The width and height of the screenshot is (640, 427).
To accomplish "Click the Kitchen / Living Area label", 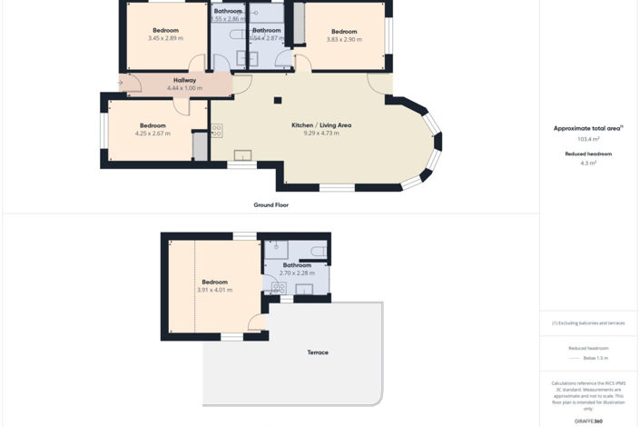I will click(321, 124).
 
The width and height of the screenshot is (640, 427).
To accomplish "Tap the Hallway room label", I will click(185, 80).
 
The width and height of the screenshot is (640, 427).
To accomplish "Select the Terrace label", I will click(318, 353).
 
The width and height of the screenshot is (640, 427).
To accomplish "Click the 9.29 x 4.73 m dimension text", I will click(321, 134).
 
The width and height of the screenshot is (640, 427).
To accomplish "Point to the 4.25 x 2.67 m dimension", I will click(153, 134).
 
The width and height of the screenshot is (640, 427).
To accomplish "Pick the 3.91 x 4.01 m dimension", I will click(215, 290).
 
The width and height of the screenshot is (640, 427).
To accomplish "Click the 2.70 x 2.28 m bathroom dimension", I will click(297, 273).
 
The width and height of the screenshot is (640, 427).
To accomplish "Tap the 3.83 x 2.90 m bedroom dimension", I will click(344, 39).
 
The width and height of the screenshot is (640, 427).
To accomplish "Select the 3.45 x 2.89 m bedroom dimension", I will click(165, 38).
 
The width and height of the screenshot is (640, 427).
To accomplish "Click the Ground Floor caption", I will click(271, 205).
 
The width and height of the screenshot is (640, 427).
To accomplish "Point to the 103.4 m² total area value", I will click(589, 139).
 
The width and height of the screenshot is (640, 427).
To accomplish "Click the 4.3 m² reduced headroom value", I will click(589, 163).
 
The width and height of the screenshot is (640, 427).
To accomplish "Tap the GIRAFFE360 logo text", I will click(589, 421).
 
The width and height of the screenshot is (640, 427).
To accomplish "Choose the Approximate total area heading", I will click(587, 128).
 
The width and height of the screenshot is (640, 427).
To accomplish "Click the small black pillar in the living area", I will click(278, 100).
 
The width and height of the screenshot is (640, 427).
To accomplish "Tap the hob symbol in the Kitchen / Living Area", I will click(217, 131).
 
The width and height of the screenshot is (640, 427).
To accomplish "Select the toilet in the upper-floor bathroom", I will click(318, 250).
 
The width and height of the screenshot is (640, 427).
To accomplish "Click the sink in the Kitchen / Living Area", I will click(242, 155).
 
